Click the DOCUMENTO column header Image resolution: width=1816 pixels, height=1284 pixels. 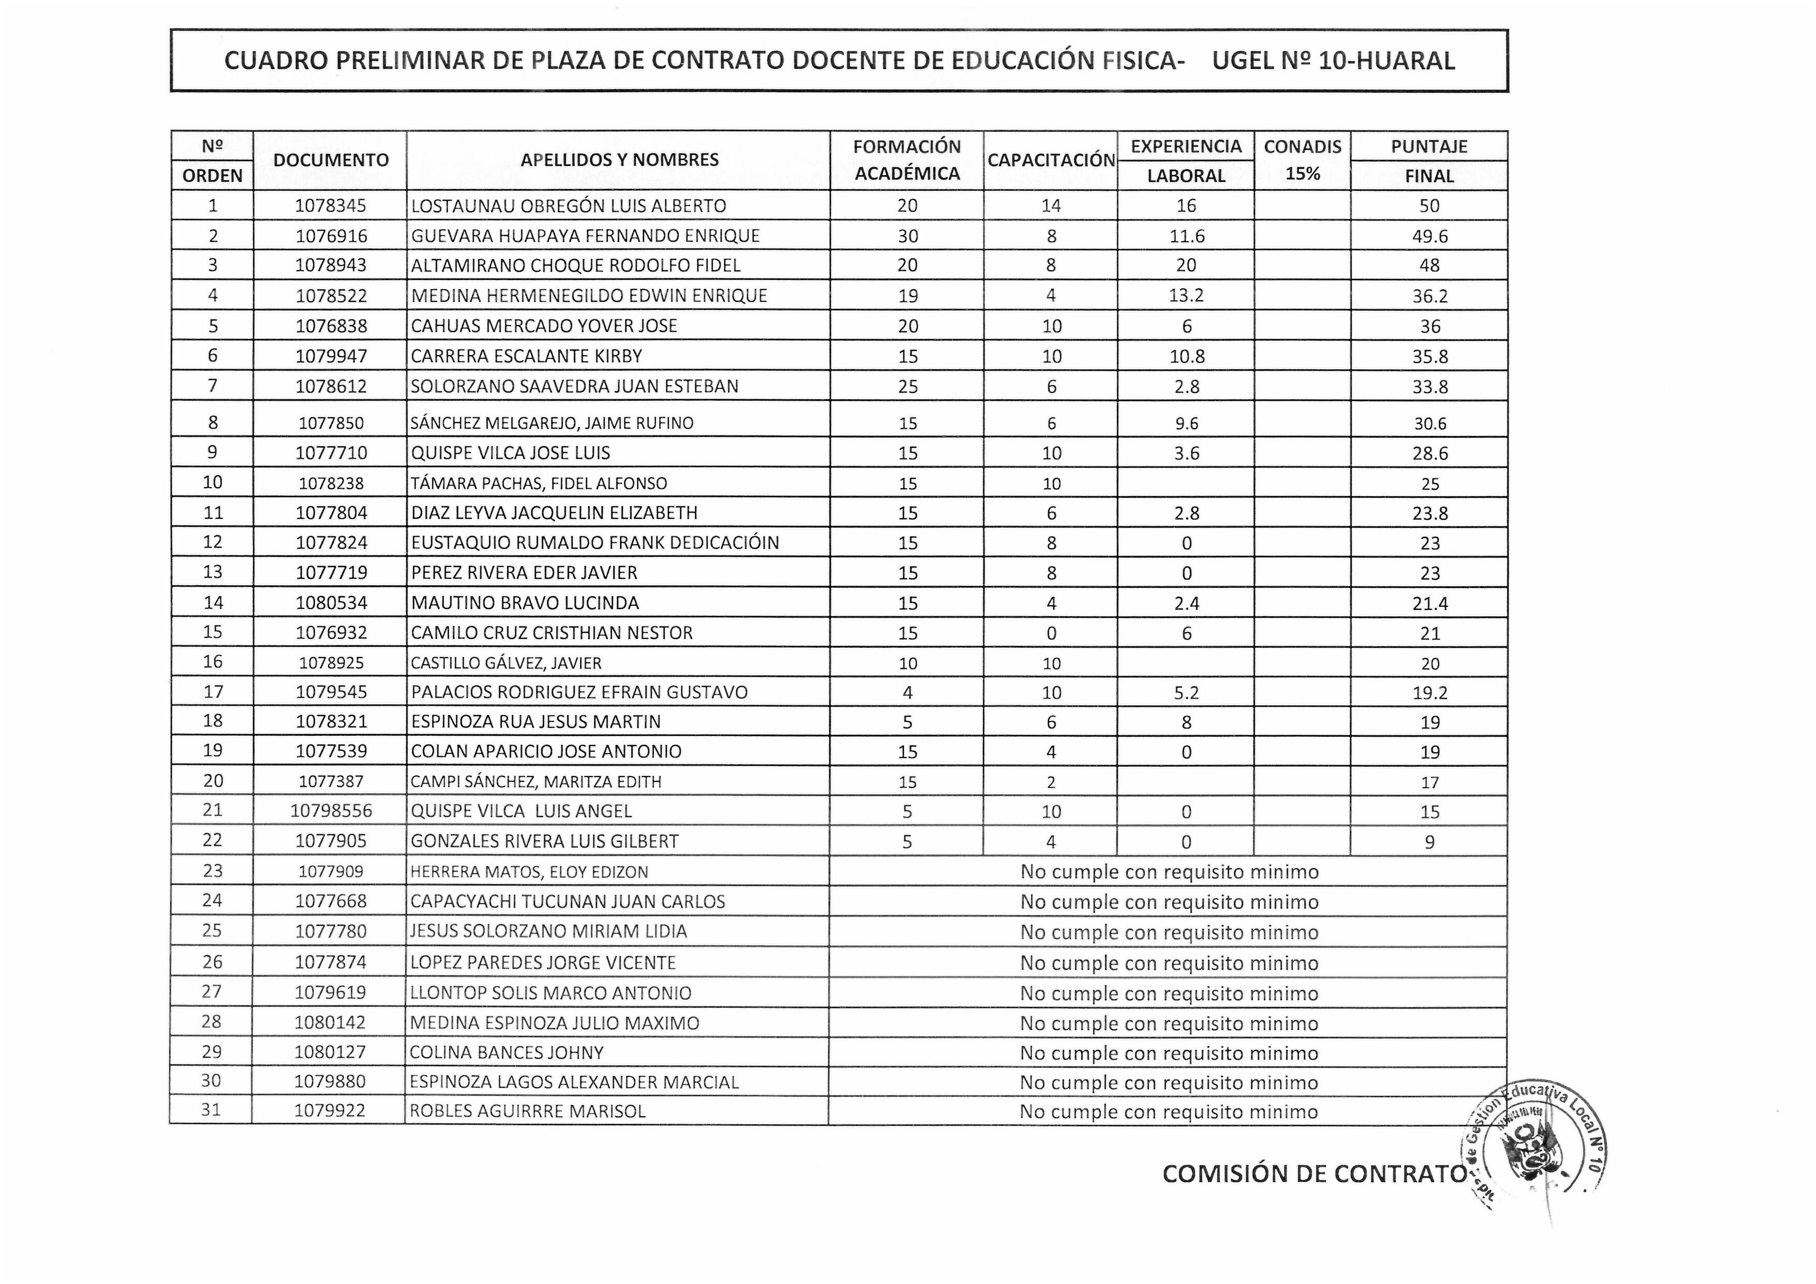click(331, 160)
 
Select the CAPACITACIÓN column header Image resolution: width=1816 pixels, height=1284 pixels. click(1050, 160)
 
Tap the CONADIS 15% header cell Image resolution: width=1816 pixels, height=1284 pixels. click(1302, 160)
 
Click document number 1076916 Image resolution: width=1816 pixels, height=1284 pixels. click(331, 236)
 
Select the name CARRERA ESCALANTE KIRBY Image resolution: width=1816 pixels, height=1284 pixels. click(527, 356)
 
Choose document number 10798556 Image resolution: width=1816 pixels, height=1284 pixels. click(331, 811)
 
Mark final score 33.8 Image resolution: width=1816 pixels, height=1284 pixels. click(1429, 387)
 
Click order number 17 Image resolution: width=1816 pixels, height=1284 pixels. click(213, 692)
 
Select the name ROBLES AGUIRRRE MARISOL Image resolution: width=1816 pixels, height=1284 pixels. click(528, 1111)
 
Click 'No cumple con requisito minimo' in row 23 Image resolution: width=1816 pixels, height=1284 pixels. click(1169, 872)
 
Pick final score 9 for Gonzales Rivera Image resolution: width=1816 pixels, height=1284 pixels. click(1429, 842)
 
